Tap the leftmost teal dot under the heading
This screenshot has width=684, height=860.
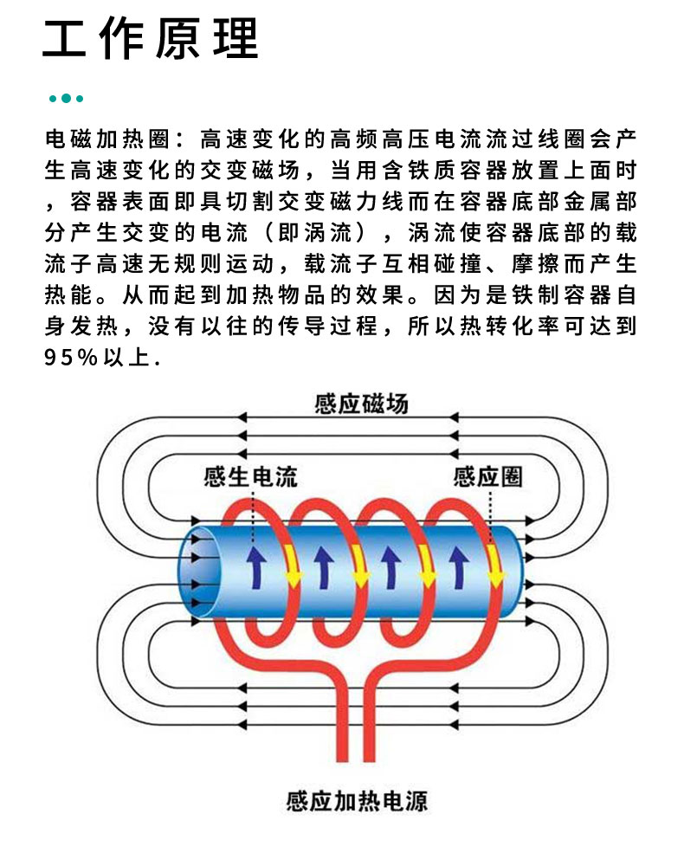pyautogui.click(x=54, y=98)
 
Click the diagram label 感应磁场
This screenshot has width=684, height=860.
pyautogui.click(x=361, y=404)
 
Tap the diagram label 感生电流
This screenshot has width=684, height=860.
pyautogui.click(x=250, y=477)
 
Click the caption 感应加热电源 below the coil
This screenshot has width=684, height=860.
pyautogui.click(x=357, y=800)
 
